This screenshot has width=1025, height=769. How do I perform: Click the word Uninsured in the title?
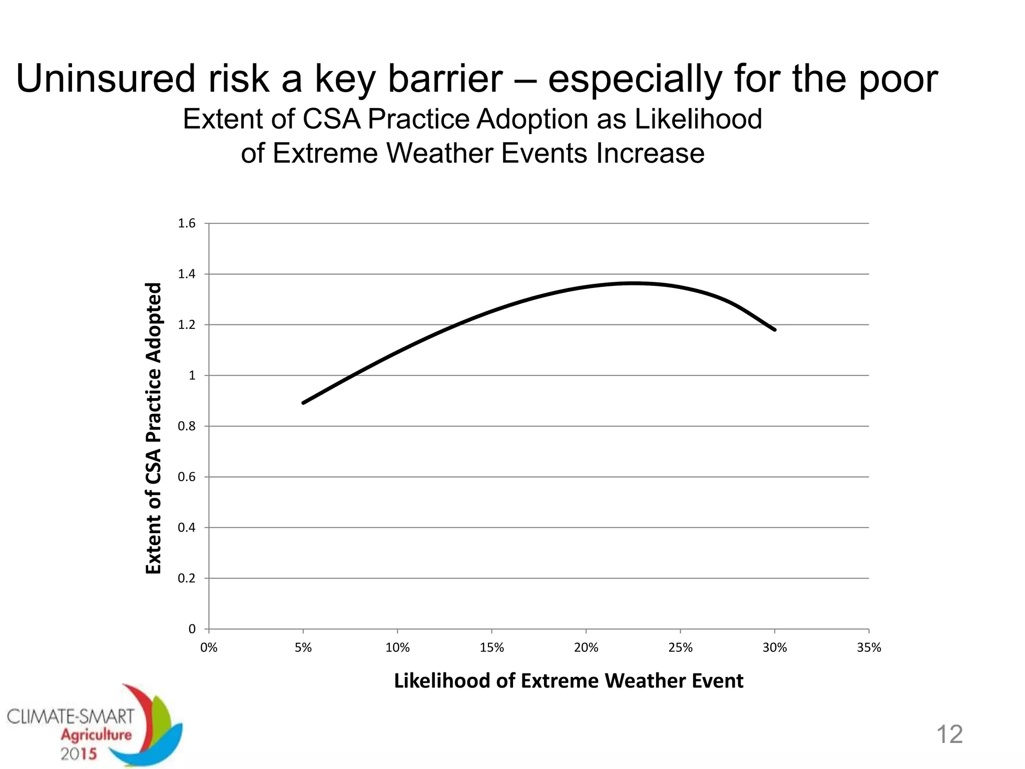(x=105, y=79)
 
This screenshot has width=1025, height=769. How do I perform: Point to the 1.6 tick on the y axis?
(x=187, y=223)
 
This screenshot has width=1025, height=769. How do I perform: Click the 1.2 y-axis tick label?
(x=187, y=325)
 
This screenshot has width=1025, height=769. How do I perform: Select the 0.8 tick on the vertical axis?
(x=187, y=426)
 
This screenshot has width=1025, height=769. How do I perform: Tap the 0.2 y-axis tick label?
(x=187, y=578)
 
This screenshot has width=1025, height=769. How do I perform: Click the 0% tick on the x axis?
(x=209, y=648)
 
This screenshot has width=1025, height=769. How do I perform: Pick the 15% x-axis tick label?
(x=491, y=648)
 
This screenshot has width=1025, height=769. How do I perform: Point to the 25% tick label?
(x=680, y=648)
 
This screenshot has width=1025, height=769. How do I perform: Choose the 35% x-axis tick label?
(x=869, y=648)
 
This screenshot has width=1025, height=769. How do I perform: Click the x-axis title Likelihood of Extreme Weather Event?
(x=569, y=681)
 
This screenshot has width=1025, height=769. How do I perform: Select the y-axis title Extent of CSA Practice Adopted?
(x=154, y=428)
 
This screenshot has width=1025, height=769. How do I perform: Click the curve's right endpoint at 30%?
(x=774, y=329)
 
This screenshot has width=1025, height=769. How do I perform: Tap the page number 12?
(x=949, y=734)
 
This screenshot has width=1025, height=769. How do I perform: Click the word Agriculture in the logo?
(x=96, y=735)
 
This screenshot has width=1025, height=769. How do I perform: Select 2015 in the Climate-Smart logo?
(x=79, y=754)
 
